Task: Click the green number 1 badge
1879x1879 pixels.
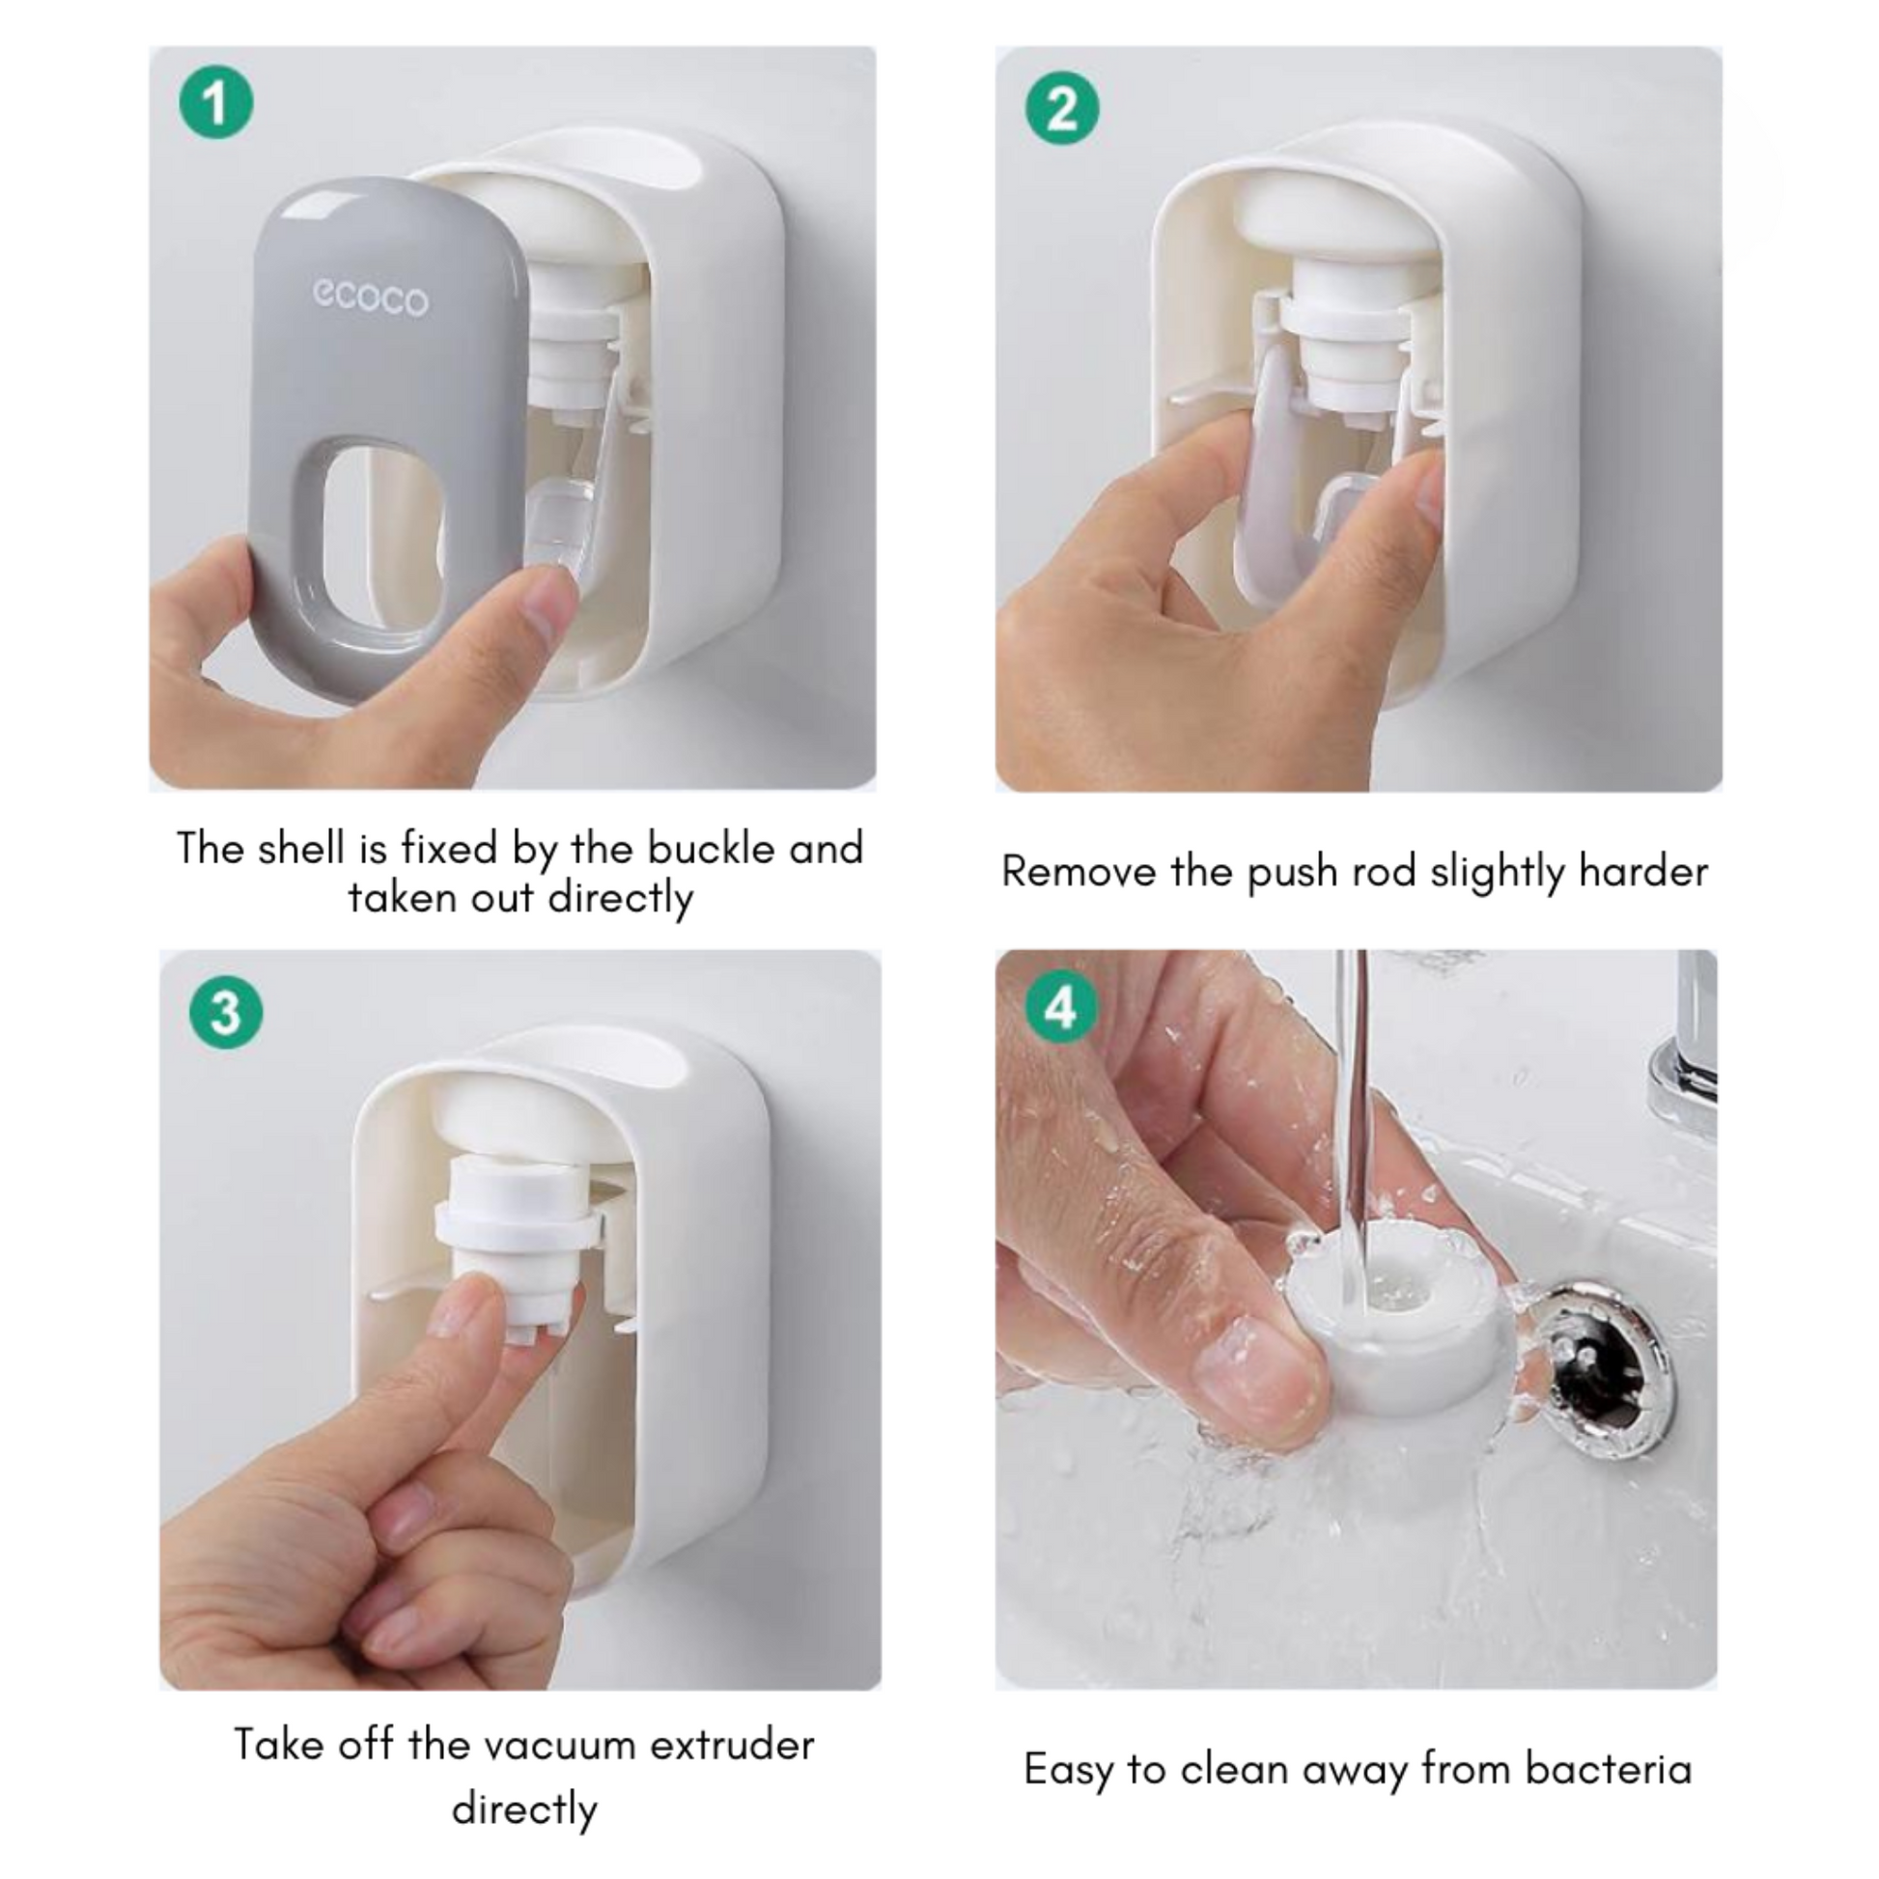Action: click(216, 101)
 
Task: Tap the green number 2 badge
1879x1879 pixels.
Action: click(1063, 108)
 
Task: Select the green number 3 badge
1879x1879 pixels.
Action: click(226, 1013)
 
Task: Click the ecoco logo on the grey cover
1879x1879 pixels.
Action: click(370, 298)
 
